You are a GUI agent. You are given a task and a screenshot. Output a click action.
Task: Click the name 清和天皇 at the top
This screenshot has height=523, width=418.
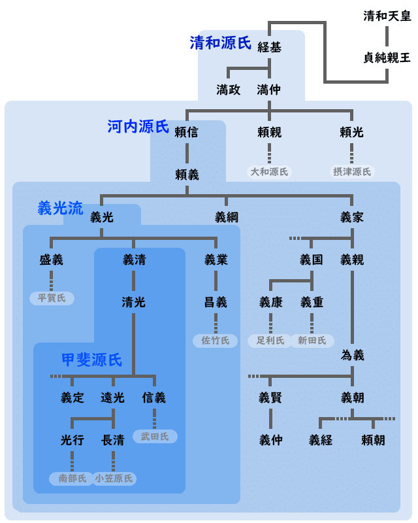tap(387, 16)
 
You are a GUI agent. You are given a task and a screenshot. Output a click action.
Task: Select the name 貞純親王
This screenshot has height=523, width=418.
tap(387, 58)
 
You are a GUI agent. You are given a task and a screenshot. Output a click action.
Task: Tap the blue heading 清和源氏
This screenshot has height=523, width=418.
tap(220, 43)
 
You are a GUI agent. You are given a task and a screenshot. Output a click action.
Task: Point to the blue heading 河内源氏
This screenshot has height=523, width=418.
tap(138, 127)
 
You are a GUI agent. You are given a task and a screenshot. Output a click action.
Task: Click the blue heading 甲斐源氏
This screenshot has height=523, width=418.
tap(91, 360)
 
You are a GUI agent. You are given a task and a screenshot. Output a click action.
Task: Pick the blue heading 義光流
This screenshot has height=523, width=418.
tap(60, 209)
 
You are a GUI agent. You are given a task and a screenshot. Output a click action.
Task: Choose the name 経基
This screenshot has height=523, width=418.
tap(269, 47)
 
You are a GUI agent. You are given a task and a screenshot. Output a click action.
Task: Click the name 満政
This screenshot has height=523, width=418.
tap(229, 90)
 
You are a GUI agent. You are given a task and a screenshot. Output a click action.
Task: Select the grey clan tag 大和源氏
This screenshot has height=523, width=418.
tap(269, 172)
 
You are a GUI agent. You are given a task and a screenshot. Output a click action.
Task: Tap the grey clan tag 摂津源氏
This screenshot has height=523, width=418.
tap(352, 172)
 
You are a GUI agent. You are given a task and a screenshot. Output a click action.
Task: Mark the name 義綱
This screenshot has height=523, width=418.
tap(227, 218)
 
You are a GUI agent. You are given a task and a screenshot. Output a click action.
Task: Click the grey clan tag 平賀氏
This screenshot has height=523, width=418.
tap(52, 298)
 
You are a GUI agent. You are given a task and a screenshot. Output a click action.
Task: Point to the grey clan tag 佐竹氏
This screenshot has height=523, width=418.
tap(216, 341)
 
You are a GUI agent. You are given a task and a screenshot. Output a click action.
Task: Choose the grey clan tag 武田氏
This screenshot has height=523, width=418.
tap(155, 437)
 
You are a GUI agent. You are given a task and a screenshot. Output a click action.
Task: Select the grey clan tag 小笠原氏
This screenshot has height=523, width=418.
tap(114, 479)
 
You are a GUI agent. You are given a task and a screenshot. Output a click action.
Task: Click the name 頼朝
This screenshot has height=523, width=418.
tap(373, 440)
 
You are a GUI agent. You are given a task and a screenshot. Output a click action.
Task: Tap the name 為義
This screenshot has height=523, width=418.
tap(352, 355)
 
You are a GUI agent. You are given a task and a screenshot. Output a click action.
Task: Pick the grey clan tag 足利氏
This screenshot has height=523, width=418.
tap(270, 341)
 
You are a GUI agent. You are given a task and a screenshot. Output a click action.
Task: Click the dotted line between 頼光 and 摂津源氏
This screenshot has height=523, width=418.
tap(351, 154)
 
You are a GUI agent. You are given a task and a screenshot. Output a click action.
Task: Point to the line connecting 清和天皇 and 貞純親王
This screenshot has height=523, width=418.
tap(387, 37)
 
